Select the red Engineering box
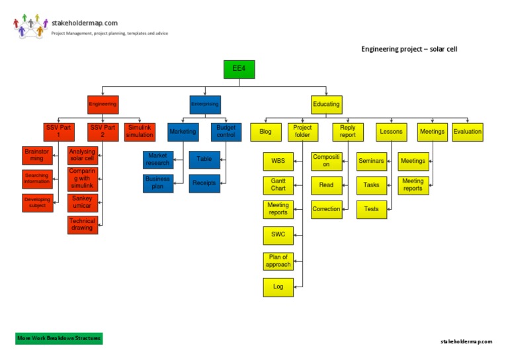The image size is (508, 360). point(103,104)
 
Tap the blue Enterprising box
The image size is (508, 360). point(205,105)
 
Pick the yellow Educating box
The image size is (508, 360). point(326,105)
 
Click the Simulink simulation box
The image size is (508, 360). point(140,131)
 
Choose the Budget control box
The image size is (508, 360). point(226,131)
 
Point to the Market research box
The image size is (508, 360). point(157,159)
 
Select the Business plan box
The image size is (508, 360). point(157,183)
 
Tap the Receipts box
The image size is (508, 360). point(204,183)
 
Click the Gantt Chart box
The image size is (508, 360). point(278,185)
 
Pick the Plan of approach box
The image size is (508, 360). point(278,260)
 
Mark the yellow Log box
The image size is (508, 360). point(278,287)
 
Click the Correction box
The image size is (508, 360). point(326,209)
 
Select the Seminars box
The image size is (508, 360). point(372,161)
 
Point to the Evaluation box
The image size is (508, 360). point(468,132)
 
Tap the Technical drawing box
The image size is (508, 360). point(83,224)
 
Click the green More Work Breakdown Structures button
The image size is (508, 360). point(59,338)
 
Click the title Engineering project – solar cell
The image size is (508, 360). point(409,49)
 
